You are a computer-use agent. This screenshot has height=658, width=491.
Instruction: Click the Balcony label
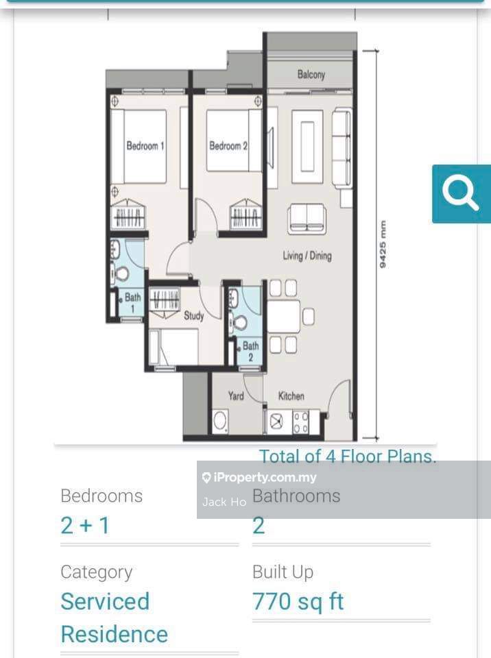click(311, 75)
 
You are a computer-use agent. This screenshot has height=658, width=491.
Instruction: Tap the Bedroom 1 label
click(145, 146)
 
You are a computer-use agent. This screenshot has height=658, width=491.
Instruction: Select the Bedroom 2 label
click(228, 146)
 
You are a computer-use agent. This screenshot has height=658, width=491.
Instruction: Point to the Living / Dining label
click(307, 256)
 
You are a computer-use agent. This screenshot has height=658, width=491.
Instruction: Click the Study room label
click(193, 316)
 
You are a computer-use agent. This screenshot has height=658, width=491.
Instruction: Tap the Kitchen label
click(291, 396)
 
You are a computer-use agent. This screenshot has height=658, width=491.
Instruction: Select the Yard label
click(235, 395)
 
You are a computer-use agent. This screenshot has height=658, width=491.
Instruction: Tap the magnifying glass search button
click(461, 193)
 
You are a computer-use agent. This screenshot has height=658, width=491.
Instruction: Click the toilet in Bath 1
click(121, 273)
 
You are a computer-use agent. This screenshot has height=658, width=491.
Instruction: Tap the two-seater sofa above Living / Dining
click(307, 218)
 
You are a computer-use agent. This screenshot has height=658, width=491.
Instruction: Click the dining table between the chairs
click(283, 317)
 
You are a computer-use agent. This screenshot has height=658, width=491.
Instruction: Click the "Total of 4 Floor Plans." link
click(347, 456)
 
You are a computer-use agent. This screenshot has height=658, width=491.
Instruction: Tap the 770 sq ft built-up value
click(298, 602)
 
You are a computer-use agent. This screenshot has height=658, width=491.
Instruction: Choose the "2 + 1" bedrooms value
click(85, 526)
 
